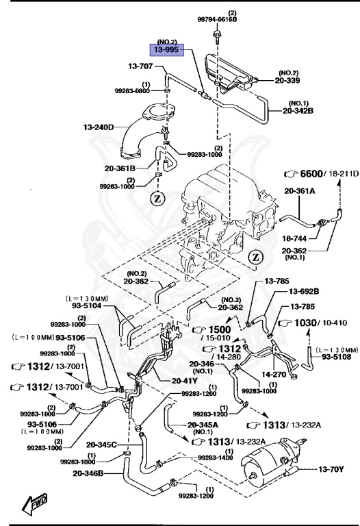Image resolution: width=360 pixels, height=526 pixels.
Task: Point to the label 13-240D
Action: [x=99, y=127]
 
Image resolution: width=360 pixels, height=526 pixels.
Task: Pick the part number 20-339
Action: [x=298, y=79]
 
